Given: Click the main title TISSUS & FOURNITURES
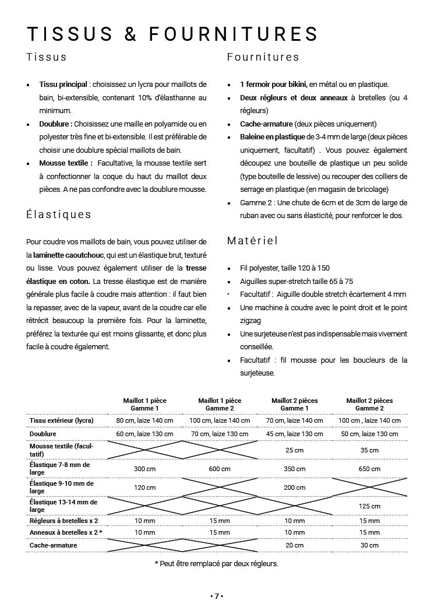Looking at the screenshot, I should [x=172, y=34].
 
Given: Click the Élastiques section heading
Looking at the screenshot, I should [x=59, y=214].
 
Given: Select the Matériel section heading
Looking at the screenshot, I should [x=252, y=240].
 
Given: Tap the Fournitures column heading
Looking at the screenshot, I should [x=263, y=57].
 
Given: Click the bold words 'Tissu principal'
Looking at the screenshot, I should [x=63, y=85].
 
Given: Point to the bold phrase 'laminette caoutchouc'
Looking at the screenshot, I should [x=69, y=255].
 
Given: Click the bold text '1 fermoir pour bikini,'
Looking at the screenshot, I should [x=273, y=85].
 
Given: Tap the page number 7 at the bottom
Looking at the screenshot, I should [x=217, y=596].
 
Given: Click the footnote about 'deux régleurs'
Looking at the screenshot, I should [x=216, y=563].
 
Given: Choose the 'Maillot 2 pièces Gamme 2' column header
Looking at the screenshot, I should [x=369, y=405].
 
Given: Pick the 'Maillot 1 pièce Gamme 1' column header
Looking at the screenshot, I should [x=144, y=405].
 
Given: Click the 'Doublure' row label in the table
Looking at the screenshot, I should [x=43, y=434].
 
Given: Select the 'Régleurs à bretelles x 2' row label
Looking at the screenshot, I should [x=63, y=521].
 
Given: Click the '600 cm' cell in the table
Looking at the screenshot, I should [x=220, y=469].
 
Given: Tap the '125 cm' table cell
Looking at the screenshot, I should [x=369, y=506].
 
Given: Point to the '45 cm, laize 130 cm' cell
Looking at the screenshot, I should [x=294, y=434].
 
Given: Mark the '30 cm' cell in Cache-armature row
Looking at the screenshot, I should [x=369, y=545].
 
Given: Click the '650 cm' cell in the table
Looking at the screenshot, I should [x=369, y=469].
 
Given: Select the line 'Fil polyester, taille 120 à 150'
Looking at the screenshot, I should [x=285, y=268].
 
